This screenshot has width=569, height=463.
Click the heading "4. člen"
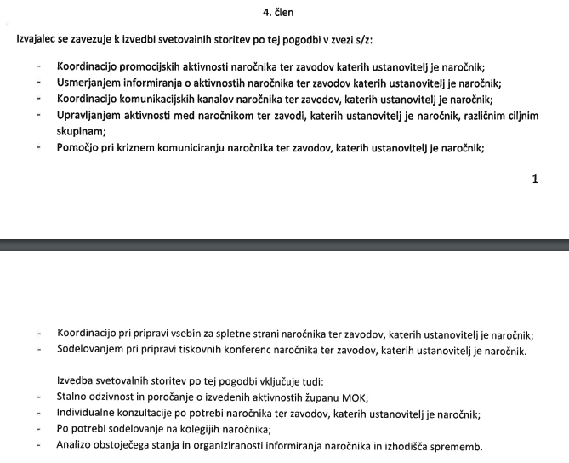coord(284,13)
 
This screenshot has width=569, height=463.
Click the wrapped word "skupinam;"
coord(81,131)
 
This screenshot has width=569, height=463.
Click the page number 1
coord(534,180)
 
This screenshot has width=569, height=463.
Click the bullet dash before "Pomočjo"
coord(39,147)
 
